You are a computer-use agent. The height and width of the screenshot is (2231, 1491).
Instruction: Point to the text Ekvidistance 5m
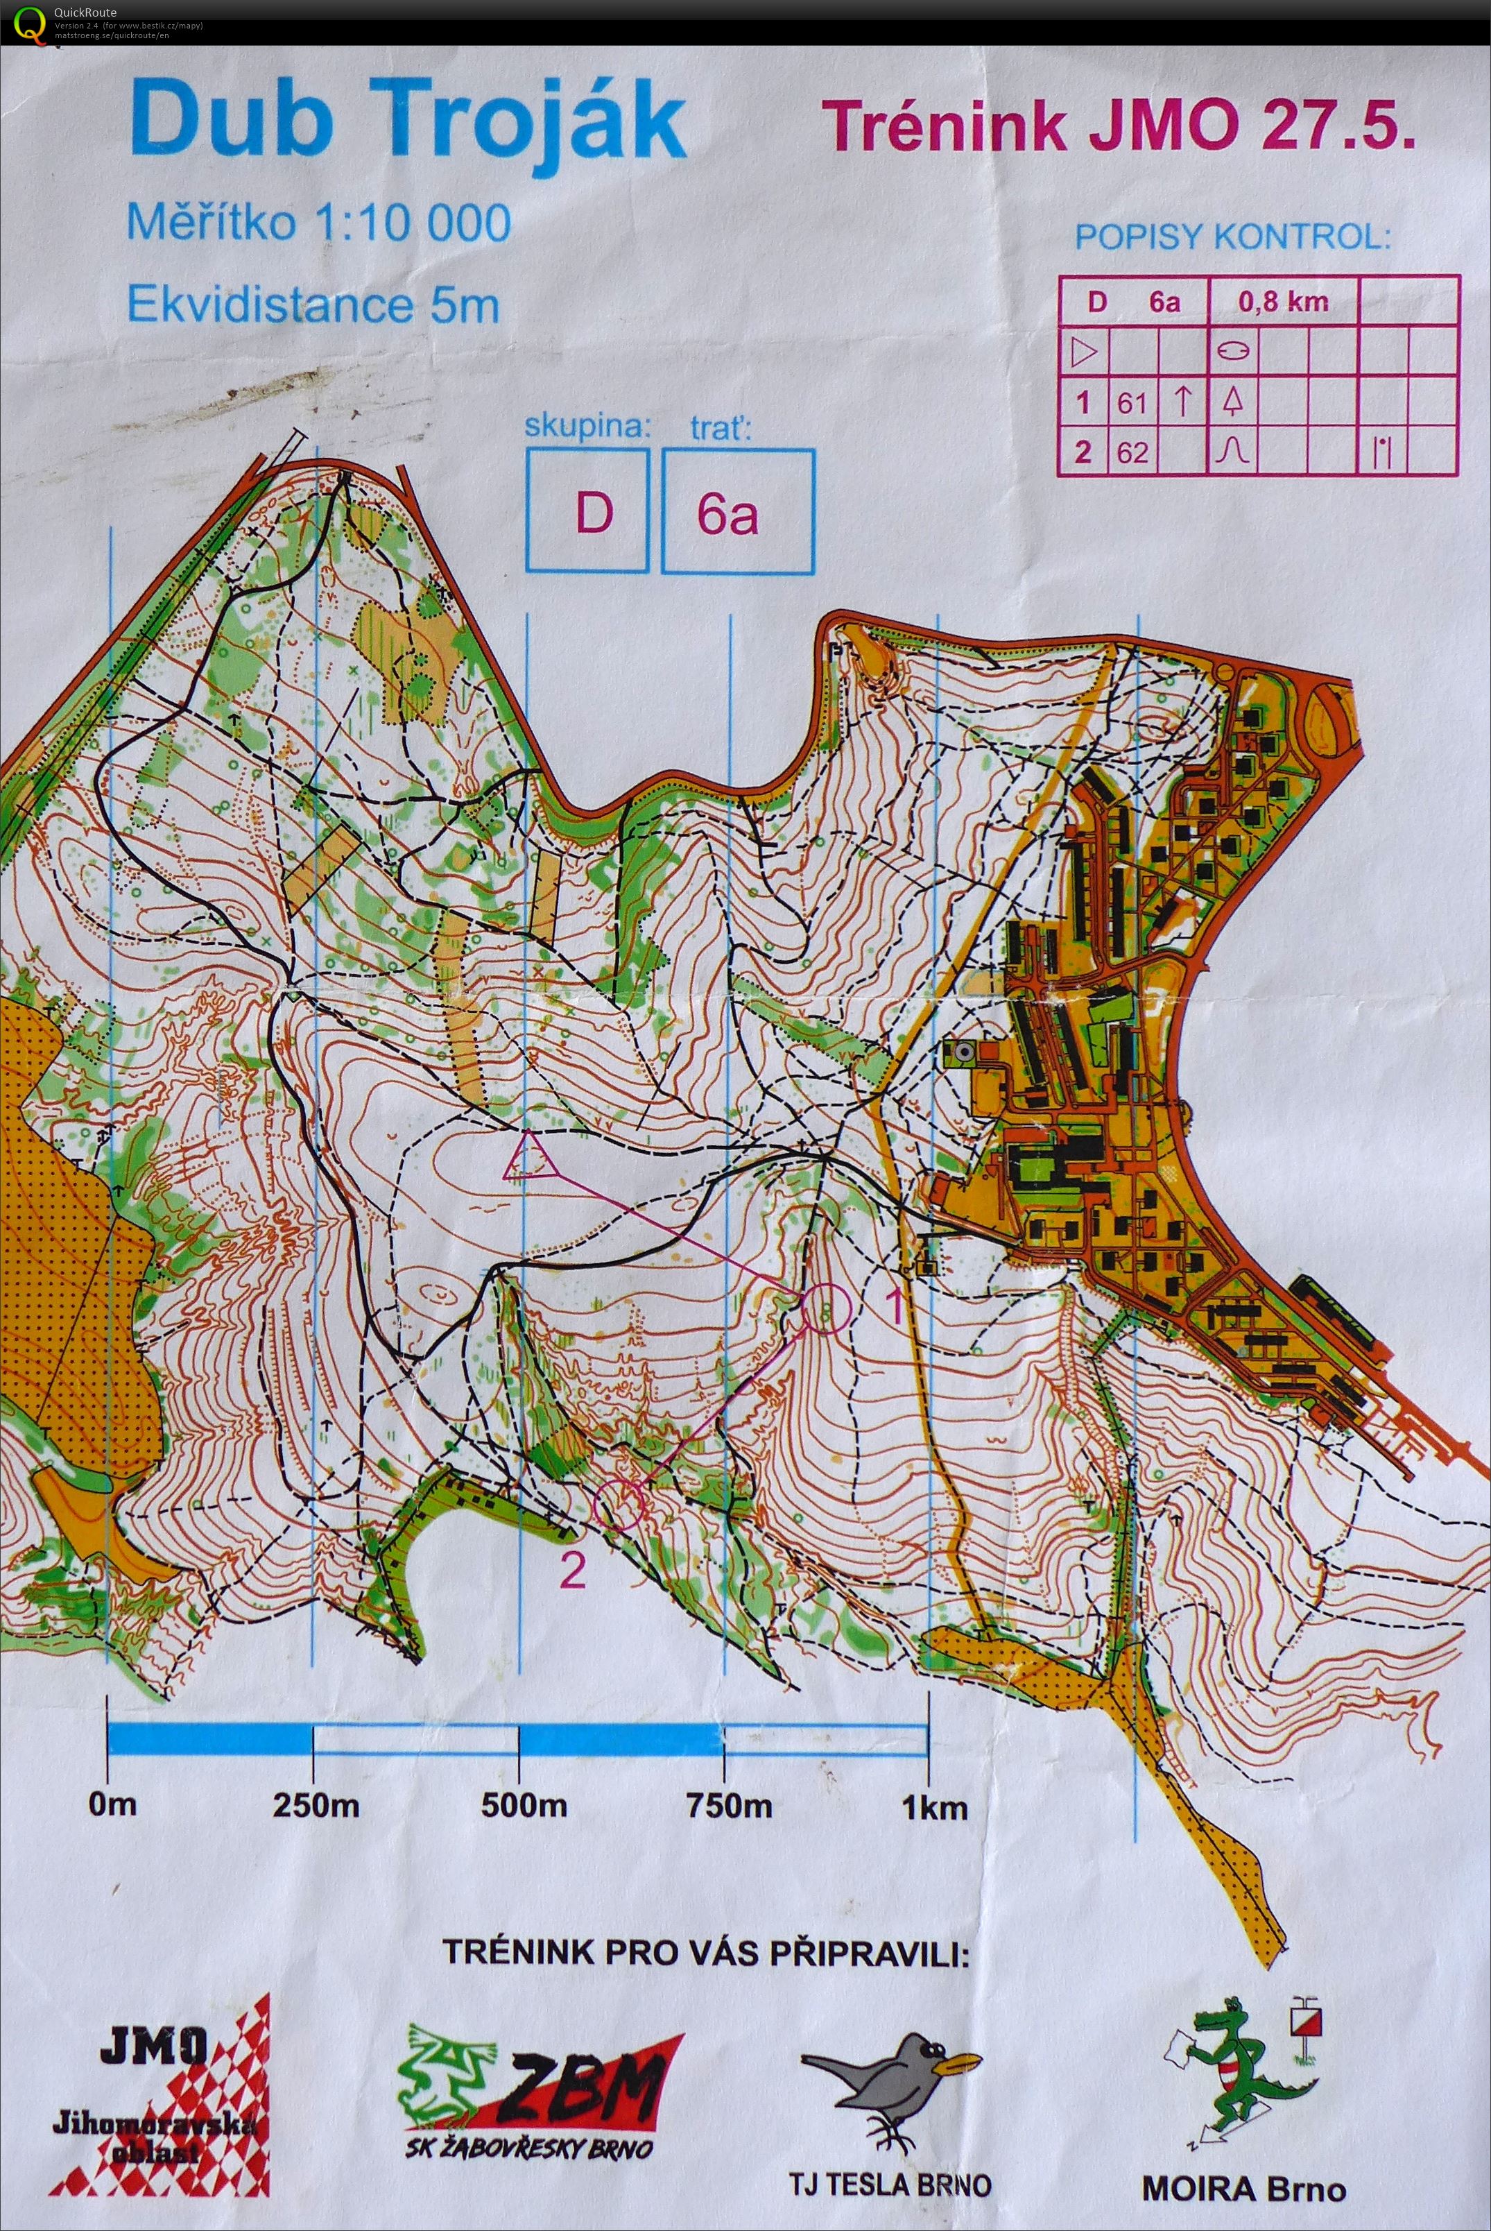(x=313, y=306)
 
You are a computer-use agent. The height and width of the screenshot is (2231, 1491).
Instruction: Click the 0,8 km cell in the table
(x=1283, y=302)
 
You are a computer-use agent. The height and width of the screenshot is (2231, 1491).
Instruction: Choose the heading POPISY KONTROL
(x=1232, y=237)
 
